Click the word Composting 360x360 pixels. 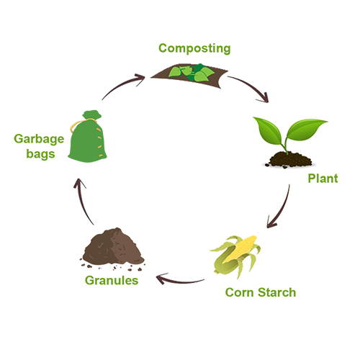[x=194, y=49]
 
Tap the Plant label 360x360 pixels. [x=323, y=179]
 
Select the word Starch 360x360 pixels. [x=277, y=292]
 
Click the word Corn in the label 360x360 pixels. [x=239, y=292]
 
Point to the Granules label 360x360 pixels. [x=112, y=280]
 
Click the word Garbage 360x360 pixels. [x=39, y=140]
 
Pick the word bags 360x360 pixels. [x=40, y=154]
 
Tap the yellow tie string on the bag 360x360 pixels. [x=77, y=125]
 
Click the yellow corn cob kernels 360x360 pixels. [x=240, y=249]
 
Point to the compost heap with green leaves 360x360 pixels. [x=189, y=75]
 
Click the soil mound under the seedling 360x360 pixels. [x=289, y=160]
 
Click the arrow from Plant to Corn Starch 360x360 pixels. [x=282, y=207]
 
